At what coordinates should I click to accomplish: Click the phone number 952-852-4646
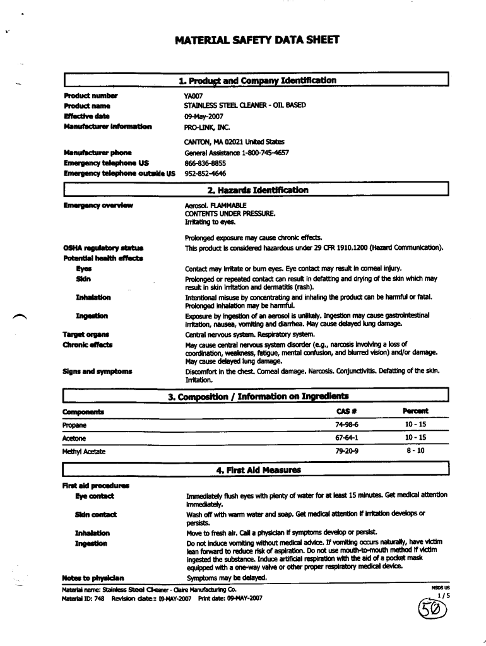(205, 173)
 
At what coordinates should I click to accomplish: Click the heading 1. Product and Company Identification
(258, 81)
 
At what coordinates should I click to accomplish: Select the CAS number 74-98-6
(347, 425)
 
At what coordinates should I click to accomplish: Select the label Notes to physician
(93, 578)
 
